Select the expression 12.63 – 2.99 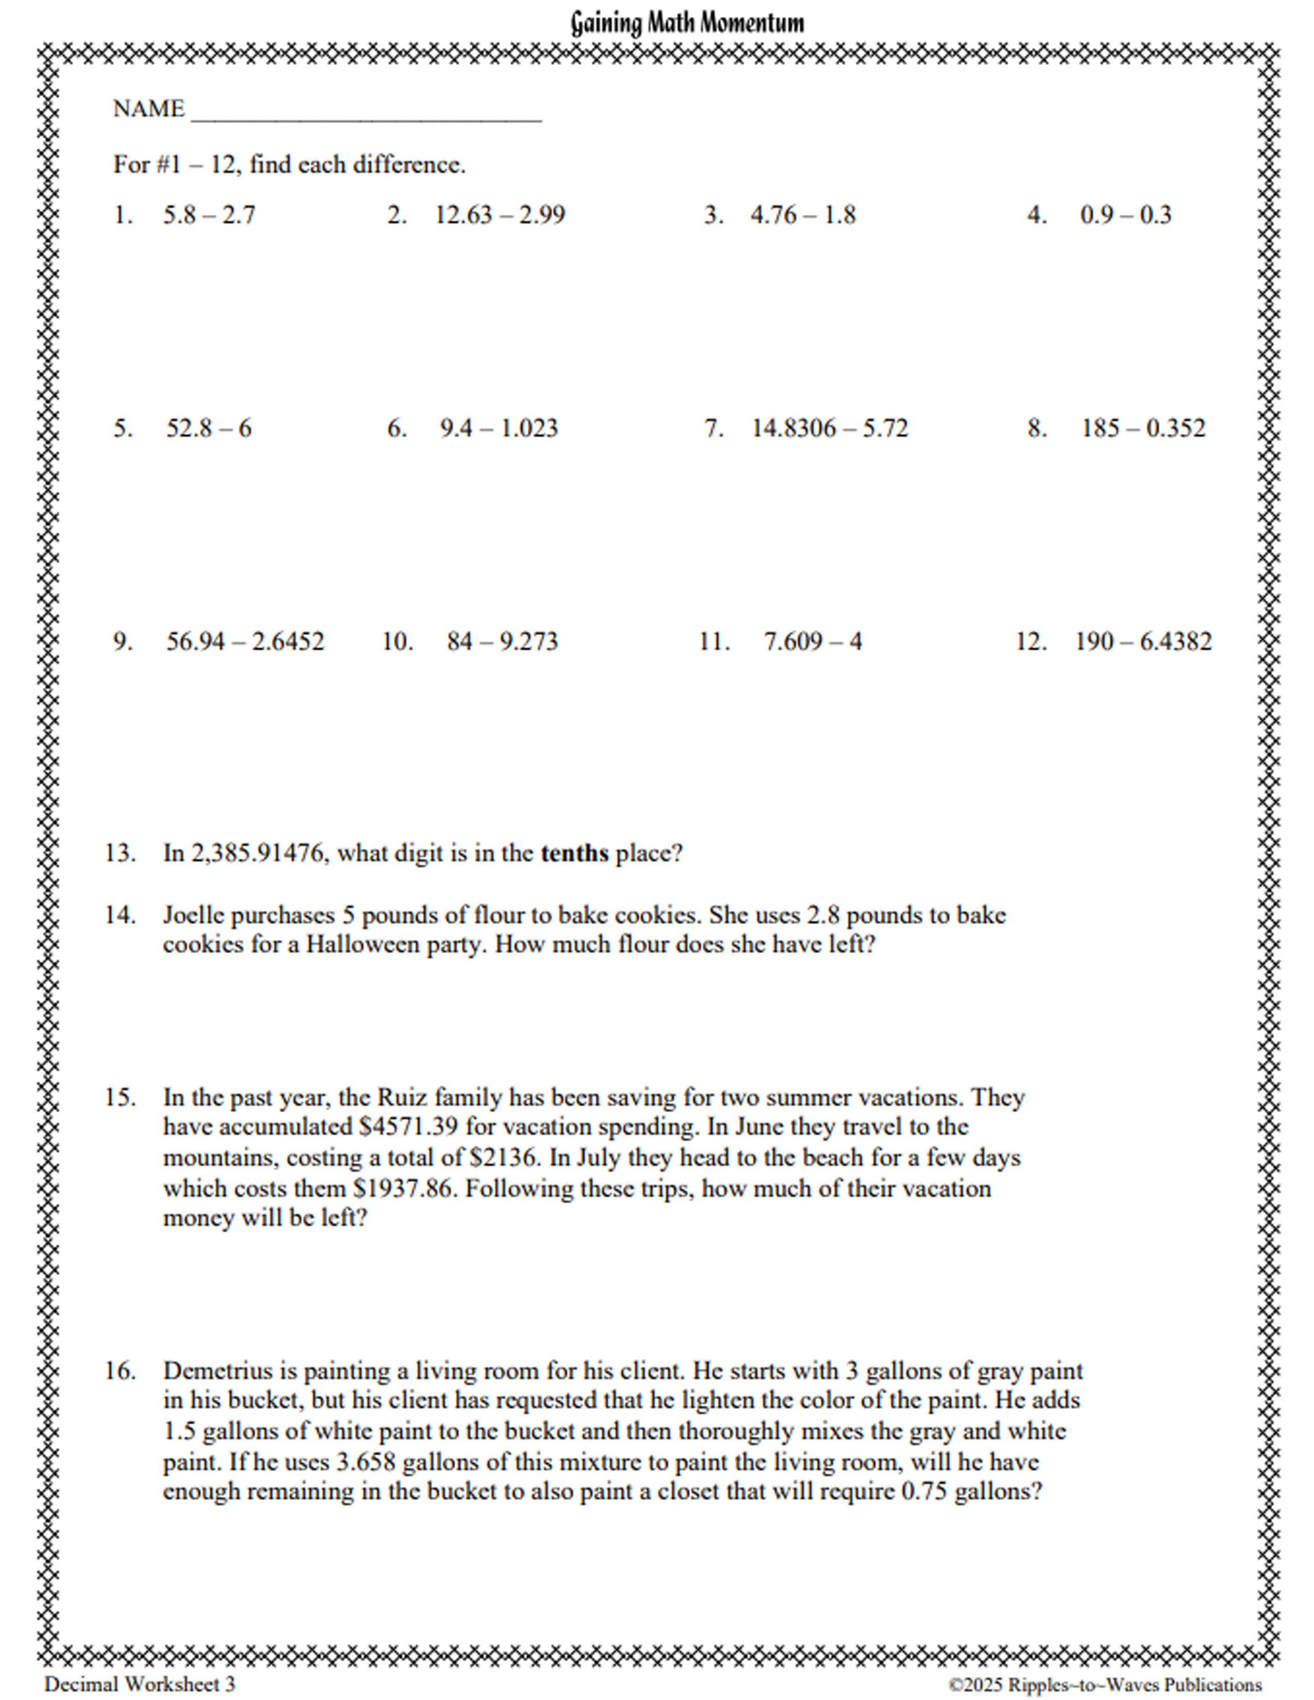[500, 215]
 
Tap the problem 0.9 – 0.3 [1125, 215]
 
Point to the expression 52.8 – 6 [209, 428]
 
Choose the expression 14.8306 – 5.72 [830, 428]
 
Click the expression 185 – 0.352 [1143, 428]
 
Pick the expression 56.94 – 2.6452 [245, 641]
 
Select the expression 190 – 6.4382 [1143, 641]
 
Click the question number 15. [120, 1097]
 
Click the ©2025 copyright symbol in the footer [955, 1685]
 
